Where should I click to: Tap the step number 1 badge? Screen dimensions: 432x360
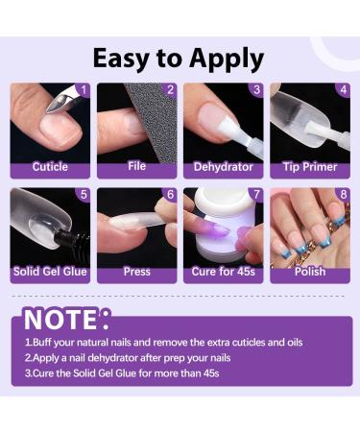tap(83, 90)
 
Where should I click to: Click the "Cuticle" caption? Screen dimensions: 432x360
tap(50, 166)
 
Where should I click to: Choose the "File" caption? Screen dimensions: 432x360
tap(137, 166)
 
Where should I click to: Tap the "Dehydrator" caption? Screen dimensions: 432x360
tap(224, 166)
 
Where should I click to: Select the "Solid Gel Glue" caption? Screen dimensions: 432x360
tap(50, 271)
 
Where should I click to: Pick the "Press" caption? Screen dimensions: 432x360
tap(137, 271)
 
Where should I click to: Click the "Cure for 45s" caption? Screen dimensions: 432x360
tap(224, 271)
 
